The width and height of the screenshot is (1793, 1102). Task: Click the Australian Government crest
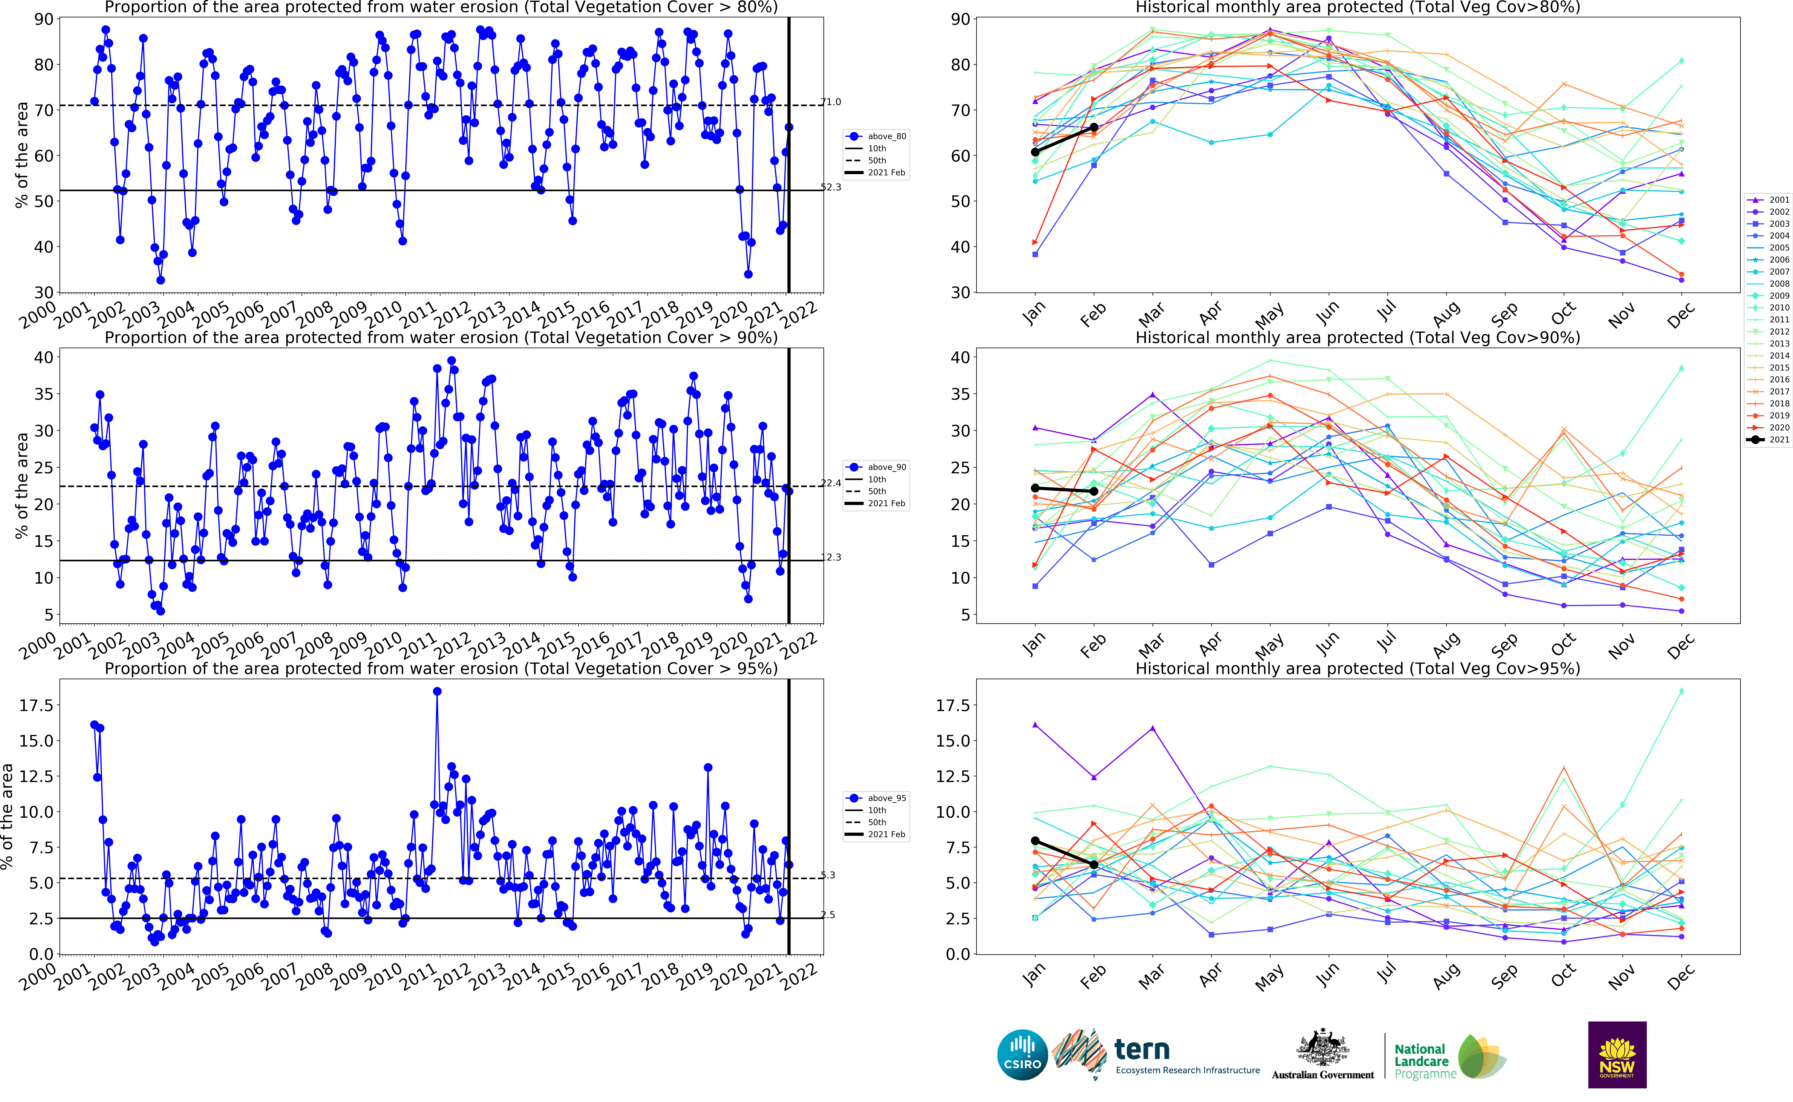(x=1322, y=1053)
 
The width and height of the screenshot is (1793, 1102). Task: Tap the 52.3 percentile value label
(x=831, y=187)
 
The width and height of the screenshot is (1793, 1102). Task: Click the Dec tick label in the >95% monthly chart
(x=1680, y=977)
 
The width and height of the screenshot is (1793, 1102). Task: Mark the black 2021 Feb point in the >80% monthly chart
(x=1094, y=128)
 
